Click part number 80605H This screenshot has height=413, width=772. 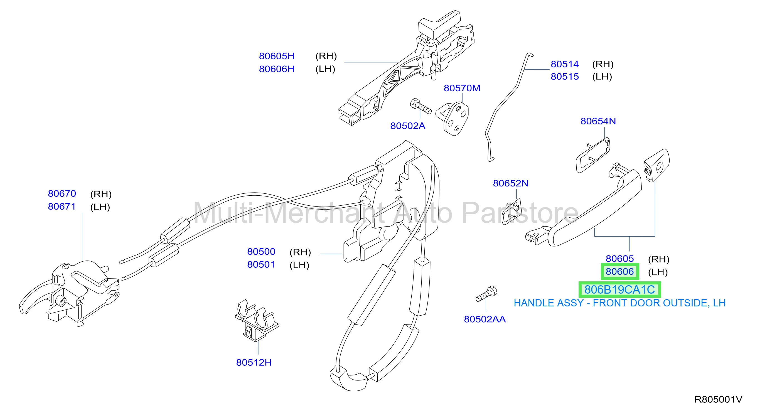click(x=277, y=56)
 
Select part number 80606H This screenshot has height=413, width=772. click(x=277, y=69)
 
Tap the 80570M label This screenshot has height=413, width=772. click(x=462, y=88)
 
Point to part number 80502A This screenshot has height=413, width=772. click(x=408, y=126)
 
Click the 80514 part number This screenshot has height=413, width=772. click(x=565, y=64)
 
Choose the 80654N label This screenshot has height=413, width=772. click(x=598, y=121)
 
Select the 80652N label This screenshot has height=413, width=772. click(x=511, y=183)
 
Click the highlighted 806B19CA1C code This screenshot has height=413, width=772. click(x=619, y=289)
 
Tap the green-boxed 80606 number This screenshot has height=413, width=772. click(x=620, y=272)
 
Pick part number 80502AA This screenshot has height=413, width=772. click(x=485, y=319)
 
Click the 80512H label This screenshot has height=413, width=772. click(x=254, y=362)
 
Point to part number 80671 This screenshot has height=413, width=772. click(x=62, y=206)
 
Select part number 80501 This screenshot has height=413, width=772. click(x=261, y=265)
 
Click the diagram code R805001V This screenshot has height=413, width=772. click(x=718, y=400)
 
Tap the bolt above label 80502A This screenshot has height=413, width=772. click(x=421, y=106)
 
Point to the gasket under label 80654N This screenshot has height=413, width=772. click(x=593, y=155)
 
